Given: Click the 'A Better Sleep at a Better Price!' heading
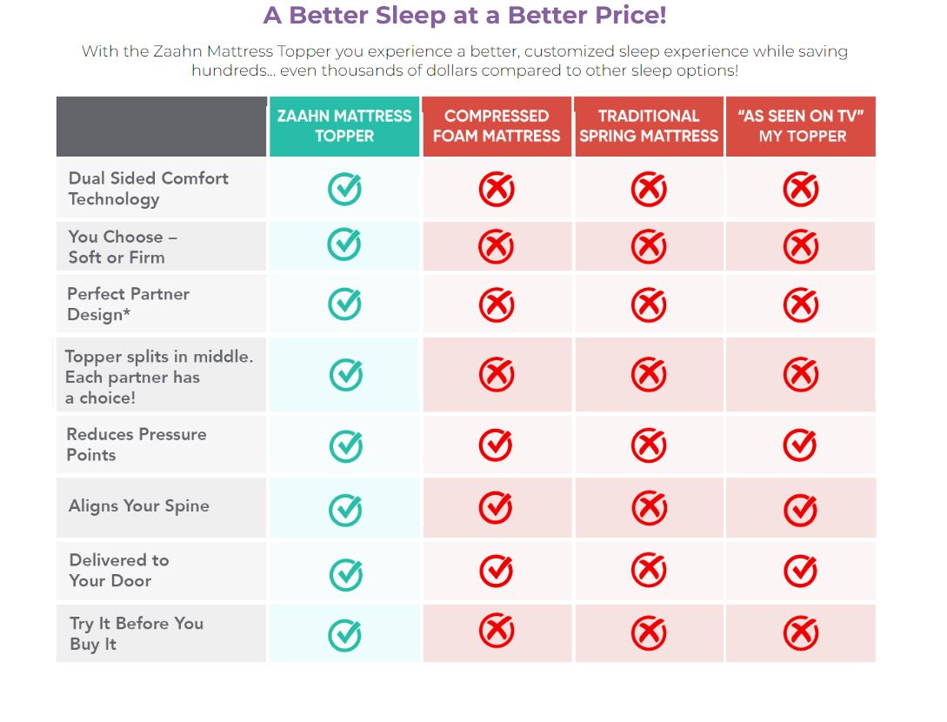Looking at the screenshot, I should pos(464,16).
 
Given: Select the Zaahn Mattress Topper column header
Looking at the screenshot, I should pos(344,126).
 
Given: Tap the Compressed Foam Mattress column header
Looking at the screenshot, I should pos(497,126).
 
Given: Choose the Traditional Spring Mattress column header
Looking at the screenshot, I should pos(649,126).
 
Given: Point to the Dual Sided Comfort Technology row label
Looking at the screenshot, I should pos(148,189).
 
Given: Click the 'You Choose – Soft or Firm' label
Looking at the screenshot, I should pos(123,247).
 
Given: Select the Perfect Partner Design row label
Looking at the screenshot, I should pos(128,304).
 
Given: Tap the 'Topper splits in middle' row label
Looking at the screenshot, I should pos(158,377).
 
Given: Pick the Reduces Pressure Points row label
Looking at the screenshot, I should pos(137,445).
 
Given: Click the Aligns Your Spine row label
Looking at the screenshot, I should pos(139,506).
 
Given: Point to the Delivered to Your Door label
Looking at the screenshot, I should pos(118,571).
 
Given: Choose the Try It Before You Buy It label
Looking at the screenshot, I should pos(136,634).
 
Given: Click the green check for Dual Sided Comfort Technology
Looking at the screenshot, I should pos(344,189).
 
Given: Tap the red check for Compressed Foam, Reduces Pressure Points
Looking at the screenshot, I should pos(497,445).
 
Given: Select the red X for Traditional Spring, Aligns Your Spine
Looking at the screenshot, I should pos(649,508).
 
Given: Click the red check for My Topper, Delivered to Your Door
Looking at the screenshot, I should pos(800,571).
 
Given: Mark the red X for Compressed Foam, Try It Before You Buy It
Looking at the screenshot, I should pos(497,632).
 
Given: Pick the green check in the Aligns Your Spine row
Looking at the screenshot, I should pos(345,510).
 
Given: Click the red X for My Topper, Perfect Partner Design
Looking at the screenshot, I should pos(800,305).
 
